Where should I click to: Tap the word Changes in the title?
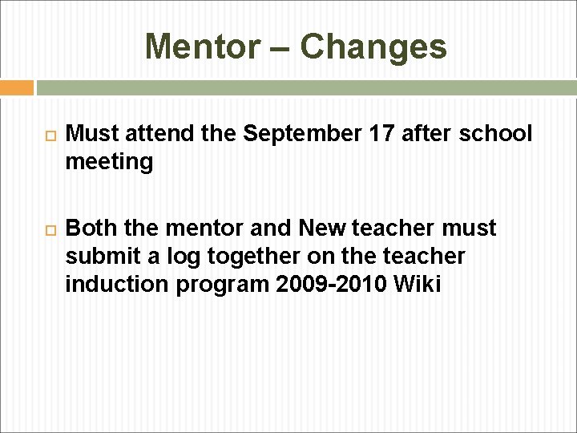click(373, 47)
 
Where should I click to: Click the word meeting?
click(110, 162)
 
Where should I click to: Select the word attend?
click(148, 134)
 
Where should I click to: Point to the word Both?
click(90, 229)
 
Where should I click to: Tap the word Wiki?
click(418, 285)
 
